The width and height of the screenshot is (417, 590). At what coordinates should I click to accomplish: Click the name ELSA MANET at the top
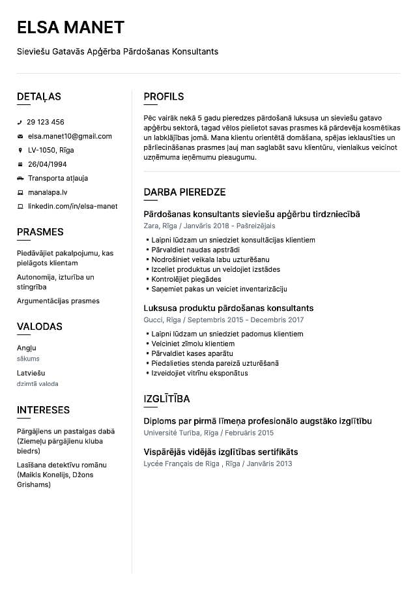[x=70, y=27]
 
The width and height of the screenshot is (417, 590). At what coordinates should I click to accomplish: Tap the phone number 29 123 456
[x=46, y=122]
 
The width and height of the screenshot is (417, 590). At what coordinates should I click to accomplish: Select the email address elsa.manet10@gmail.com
[x=70, y=136]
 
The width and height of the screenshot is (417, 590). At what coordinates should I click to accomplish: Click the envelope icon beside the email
[x=20, y=136]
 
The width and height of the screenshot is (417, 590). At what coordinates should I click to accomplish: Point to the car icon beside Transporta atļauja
[x=20, y=178]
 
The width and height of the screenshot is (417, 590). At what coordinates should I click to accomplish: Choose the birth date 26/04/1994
[x=47, y=164]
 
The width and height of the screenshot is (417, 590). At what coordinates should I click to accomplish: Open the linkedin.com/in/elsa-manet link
[x=72, y=206]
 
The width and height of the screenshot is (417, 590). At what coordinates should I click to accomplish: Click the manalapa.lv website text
[x=48, y=192]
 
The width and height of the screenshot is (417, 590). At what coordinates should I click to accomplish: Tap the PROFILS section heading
[x=164, y=96]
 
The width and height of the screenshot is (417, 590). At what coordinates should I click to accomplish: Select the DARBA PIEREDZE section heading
[x=184, y=192]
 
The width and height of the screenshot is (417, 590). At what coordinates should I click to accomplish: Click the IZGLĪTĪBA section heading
[x=167, y=399]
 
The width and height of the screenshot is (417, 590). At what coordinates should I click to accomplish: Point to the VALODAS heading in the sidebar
[x=40, y=327]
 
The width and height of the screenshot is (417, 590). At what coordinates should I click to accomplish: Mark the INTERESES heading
[x=43, y=410]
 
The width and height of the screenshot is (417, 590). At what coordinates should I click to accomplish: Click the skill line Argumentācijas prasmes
[x=58, y=301]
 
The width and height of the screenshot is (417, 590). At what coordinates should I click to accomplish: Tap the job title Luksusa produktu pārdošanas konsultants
[x=228, y=308]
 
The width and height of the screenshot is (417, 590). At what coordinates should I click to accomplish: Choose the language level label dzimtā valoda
[x=37, y=384]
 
